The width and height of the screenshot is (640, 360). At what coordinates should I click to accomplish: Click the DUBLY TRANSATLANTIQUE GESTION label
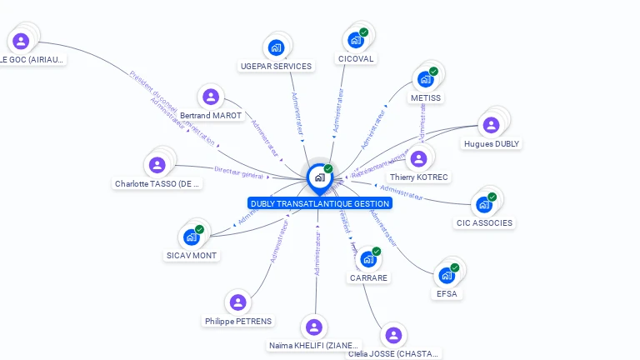coord(319,203)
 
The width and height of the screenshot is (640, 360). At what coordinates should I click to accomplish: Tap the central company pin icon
coord(319,177)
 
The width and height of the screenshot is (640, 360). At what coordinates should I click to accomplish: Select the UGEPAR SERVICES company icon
coord(277,47)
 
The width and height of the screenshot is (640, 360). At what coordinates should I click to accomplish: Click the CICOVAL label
coord(356,59)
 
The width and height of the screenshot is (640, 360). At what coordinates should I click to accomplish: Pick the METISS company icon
coord(426,79)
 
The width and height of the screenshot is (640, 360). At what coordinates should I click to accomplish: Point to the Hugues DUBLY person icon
coord(491,125)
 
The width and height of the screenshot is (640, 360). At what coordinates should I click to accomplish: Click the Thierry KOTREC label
coord(419,177)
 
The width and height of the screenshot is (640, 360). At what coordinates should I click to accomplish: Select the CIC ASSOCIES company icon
coord(484,204)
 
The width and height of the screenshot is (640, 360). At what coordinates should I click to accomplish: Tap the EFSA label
coord(447,294)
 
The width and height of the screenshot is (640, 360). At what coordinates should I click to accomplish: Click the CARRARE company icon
coord(368,259)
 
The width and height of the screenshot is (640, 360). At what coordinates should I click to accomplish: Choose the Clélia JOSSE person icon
coord(393,335)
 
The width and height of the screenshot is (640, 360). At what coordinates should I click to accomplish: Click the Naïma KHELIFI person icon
coord(314,327)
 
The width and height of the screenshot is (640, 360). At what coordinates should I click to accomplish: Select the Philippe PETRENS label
coord(237,322)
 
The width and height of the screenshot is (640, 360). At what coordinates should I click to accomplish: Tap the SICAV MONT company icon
coord(192,237)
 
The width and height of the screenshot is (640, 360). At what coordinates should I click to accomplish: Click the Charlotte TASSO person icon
coord(157,165)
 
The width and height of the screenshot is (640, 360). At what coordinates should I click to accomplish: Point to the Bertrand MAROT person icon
coord(211,97)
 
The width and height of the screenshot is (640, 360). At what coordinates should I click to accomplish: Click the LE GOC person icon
coord(21,41)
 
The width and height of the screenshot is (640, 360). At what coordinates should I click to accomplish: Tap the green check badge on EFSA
coord(455,267)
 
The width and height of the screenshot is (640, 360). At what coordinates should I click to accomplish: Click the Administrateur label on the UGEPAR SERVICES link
coord(296,112)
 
